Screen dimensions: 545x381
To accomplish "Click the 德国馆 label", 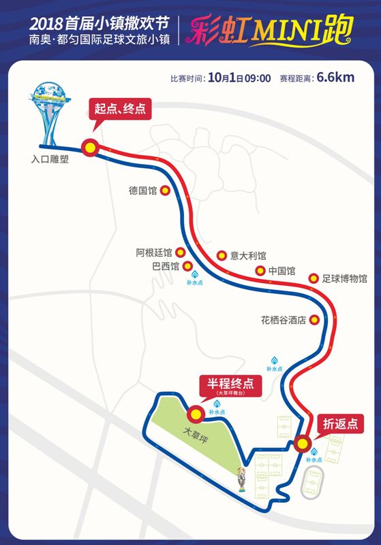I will coord(142,191).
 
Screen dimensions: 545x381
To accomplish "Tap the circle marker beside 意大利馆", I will coord(222,256).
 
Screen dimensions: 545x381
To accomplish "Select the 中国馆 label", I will coord(281,271).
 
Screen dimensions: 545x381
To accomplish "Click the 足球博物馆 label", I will coord(345,278).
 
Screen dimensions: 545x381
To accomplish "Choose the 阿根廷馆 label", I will coord(154,252).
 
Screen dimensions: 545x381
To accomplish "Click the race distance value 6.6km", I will coord(335,77).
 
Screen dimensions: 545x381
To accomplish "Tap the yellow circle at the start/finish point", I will coord(89,147).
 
